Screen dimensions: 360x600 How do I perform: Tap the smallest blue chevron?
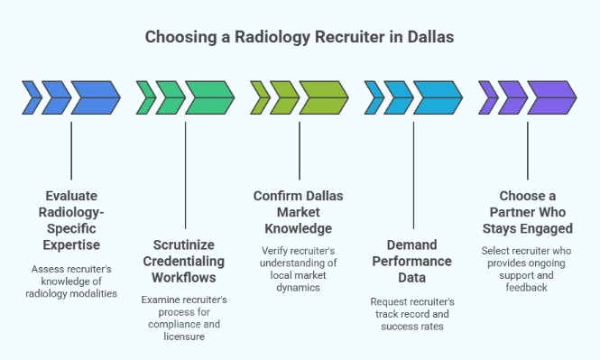click(31, 97)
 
